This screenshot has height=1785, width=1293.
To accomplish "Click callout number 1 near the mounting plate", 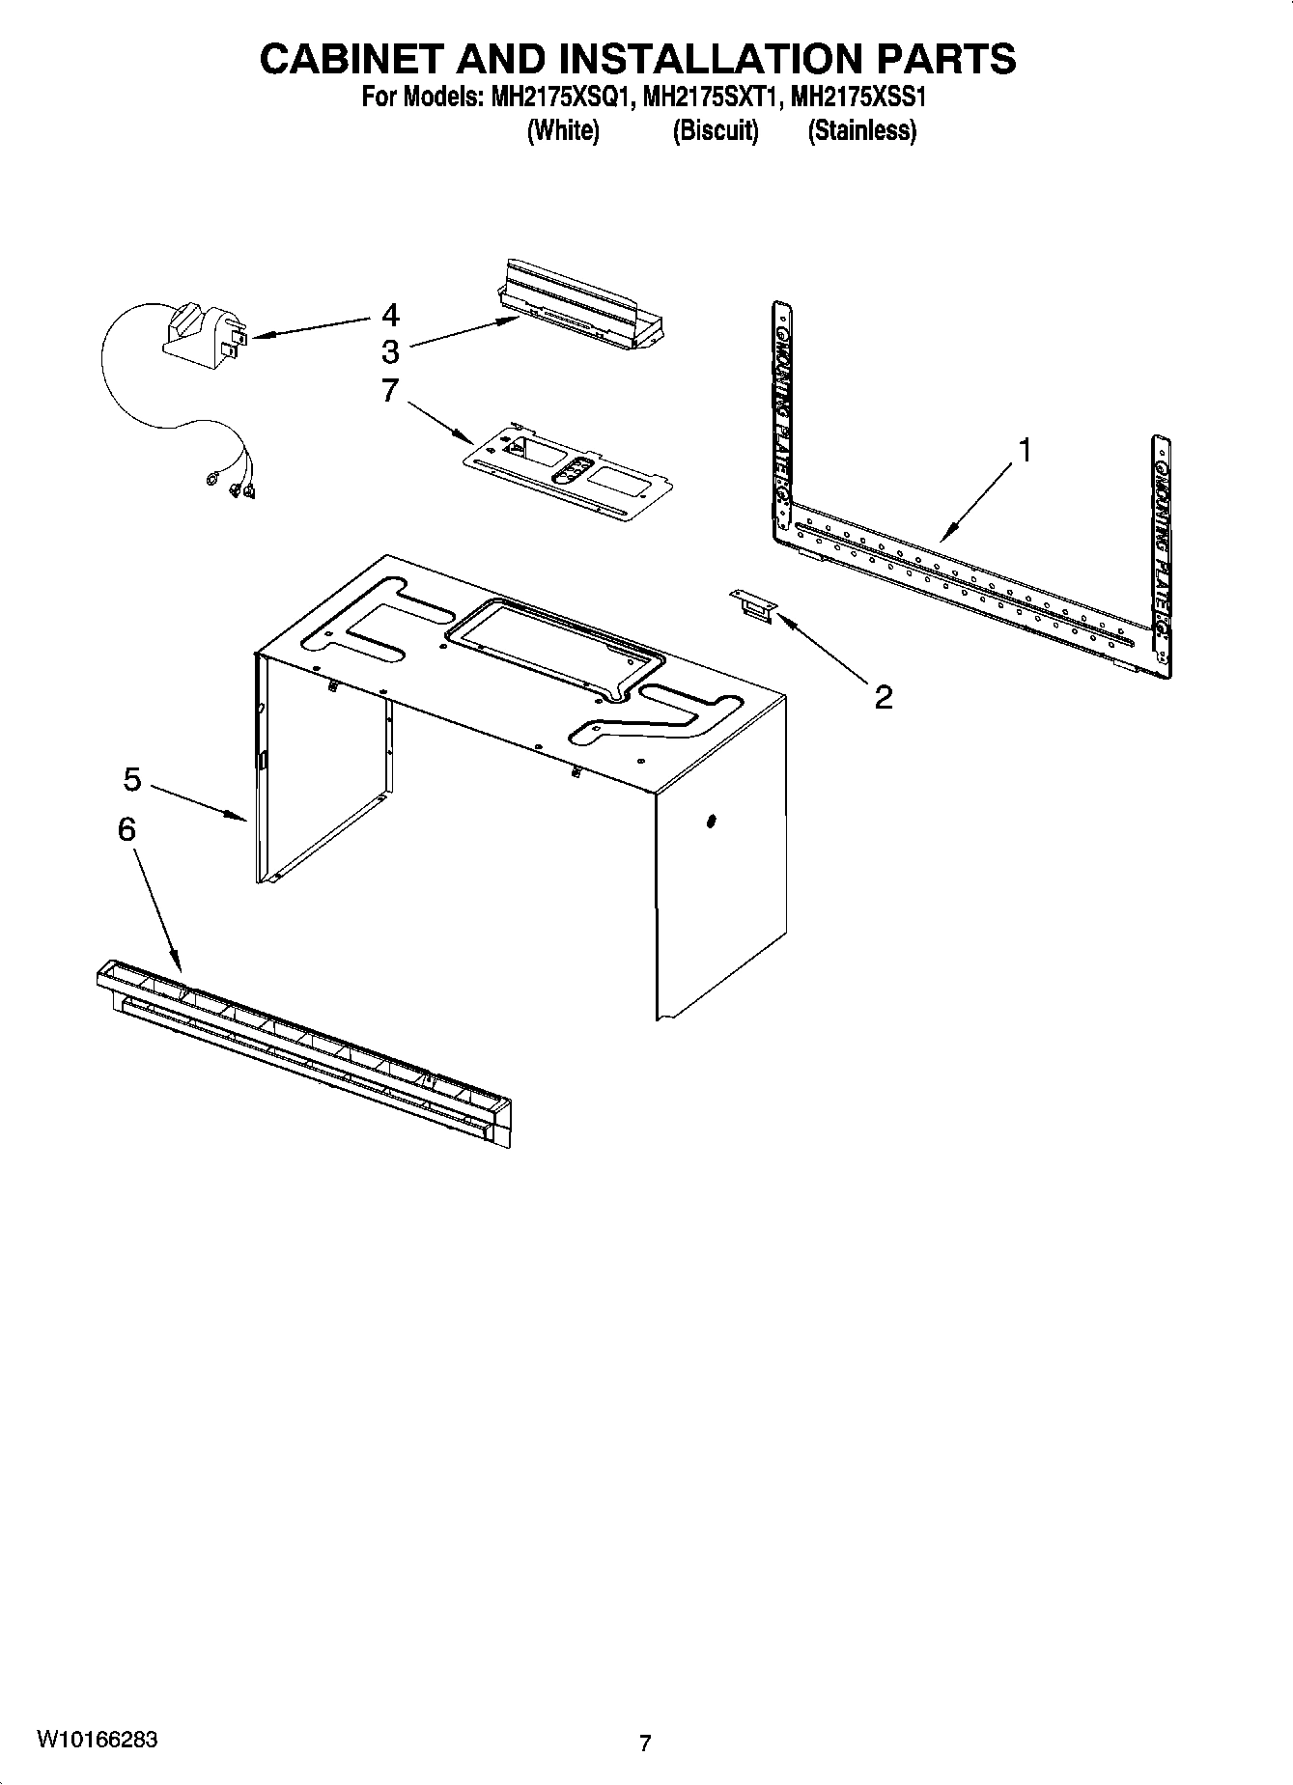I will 1025,450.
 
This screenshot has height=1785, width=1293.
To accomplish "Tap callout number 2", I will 883,696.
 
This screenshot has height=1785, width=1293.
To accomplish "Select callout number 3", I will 390,350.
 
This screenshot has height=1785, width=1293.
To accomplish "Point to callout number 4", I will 390,315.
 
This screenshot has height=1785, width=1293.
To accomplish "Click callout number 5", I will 132,778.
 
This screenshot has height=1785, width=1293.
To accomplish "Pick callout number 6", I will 126,828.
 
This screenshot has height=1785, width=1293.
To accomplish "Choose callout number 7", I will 390,391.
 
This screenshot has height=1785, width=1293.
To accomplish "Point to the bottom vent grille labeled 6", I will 304,1053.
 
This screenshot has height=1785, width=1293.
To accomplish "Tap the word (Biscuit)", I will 715,130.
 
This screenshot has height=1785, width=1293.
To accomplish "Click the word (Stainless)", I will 861,130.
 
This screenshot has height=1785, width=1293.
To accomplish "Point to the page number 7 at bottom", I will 645,1743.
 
